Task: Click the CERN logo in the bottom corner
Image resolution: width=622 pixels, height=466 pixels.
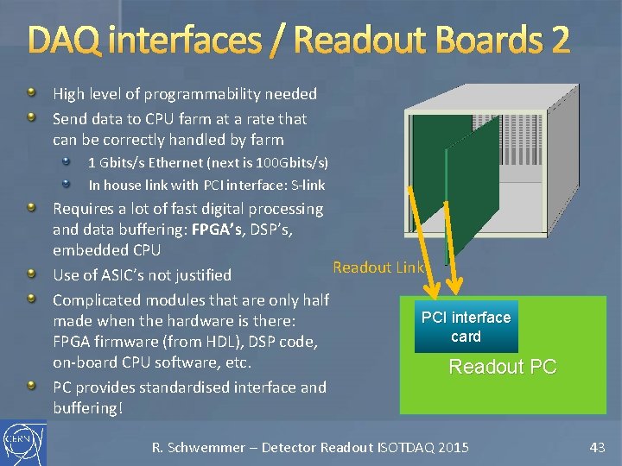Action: click(x=23, y=443)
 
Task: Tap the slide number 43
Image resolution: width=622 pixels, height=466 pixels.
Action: click(x=597, y=447)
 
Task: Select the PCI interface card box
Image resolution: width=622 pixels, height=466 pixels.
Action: click(x=466, y=327)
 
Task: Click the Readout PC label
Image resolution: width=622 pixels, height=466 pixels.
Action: click(x=502, y=368)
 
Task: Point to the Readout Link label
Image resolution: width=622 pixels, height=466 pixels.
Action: click(x=378, y=268)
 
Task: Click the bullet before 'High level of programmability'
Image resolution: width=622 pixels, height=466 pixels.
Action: click(x=32, y=91)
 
